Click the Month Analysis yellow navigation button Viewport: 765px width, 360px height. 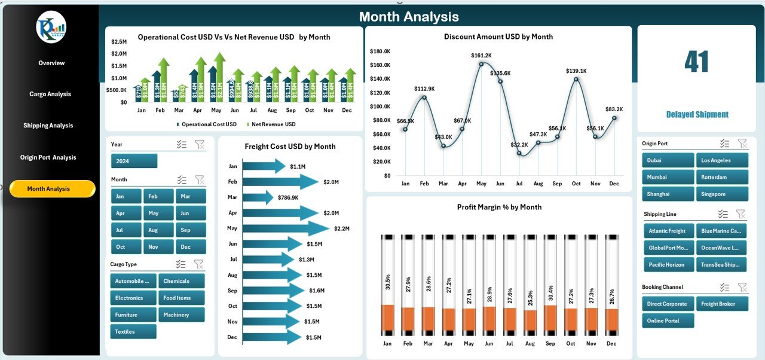[x=52, y=189]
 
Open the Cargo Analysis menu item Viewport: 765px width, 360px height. [x=50, y=94]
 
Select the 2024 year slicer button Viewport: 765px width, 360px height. [x=134, y=161]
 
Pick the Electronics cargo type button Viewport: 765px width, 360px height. [x=133, y=298]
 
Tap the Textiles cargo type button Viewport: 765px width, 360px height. [x=133, y=331]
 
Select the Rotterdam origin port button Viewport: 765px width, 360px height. [x=721, y=177]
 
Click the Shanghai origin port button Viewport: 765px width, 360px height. [x=667, y=194]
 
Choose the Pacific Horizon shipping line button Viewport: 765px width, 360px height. [x=668, y=264]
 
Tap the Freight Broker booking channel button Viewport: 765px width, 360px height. [x=722, y=304]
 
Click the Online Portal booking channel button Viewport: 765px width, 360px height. [x=668, y=321]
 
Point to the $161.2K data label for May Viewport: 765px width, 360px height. [x=481, y=56]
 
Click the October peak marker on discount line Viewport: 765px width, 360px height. [x=576, y=79]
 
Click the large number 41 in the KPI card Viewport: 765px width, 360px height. [x=696, y=62]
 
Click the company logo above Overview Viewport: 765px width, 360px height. [x=51, y=27]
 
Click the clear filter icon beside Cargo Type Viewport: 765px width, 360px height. [x=198, y=264]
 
